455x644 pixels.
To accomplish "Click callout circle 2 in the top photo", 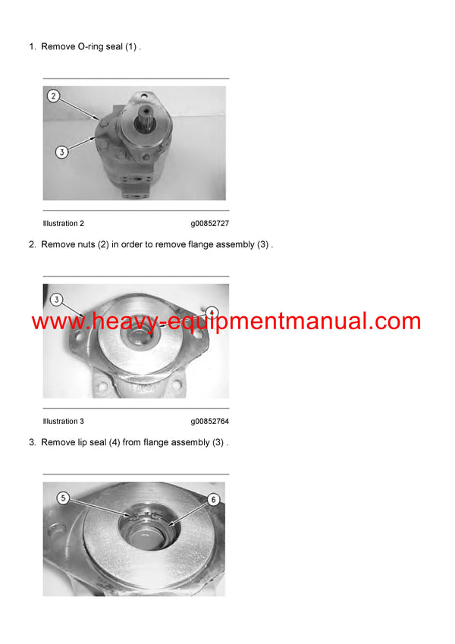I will pos(52,96).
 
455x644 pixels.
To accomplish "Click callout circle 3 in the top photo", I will pos(62,152).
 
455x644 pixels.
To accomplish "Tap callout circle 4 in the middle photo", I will pos(212,312).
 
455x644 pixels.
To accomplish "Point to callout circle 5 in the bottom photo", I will pos(63,498).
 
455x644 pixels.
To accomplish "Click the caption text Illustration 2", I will pos(64,224).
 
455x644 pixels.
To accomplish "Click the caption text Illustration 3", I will pos(64,422).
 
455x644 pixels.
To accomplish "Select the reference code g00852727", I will pos(210,224).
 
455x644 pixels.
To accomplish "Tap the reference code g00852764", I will pos(210,422).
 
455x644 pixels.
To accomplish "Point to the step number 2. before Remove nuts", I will pos(33,245).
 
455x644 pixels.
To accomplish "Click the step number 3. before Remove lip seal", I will pos(33,443).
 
